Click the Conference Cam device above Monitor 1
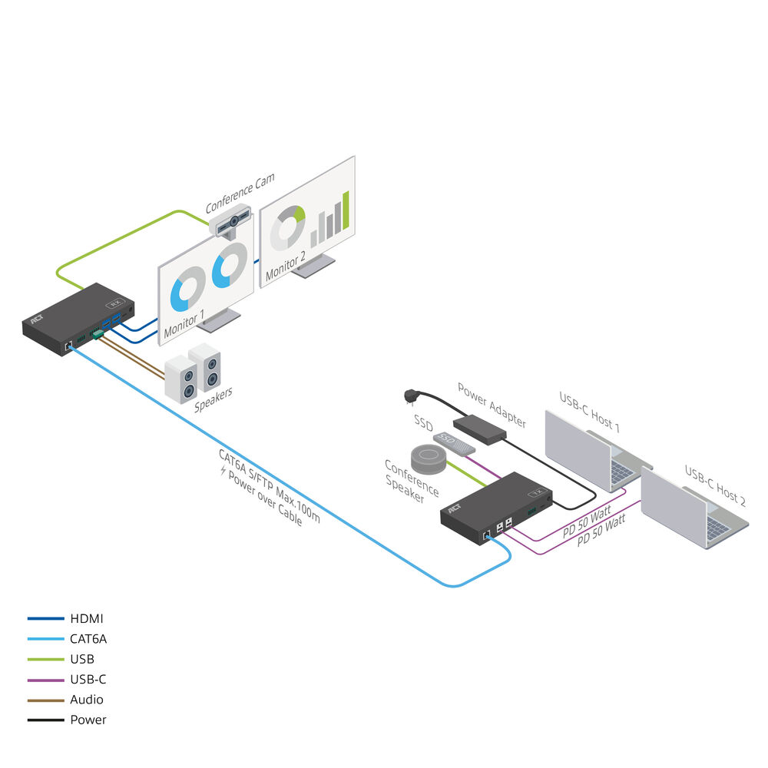233,223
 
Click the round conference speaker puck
429,458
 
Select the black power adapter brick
480,429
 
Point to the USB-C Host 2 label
715,485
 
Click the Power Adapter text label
492,404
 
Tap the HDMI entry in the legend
86,618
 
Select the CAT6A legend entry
88,638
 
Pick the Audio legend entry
86,700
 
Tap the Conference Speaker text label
411,482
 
